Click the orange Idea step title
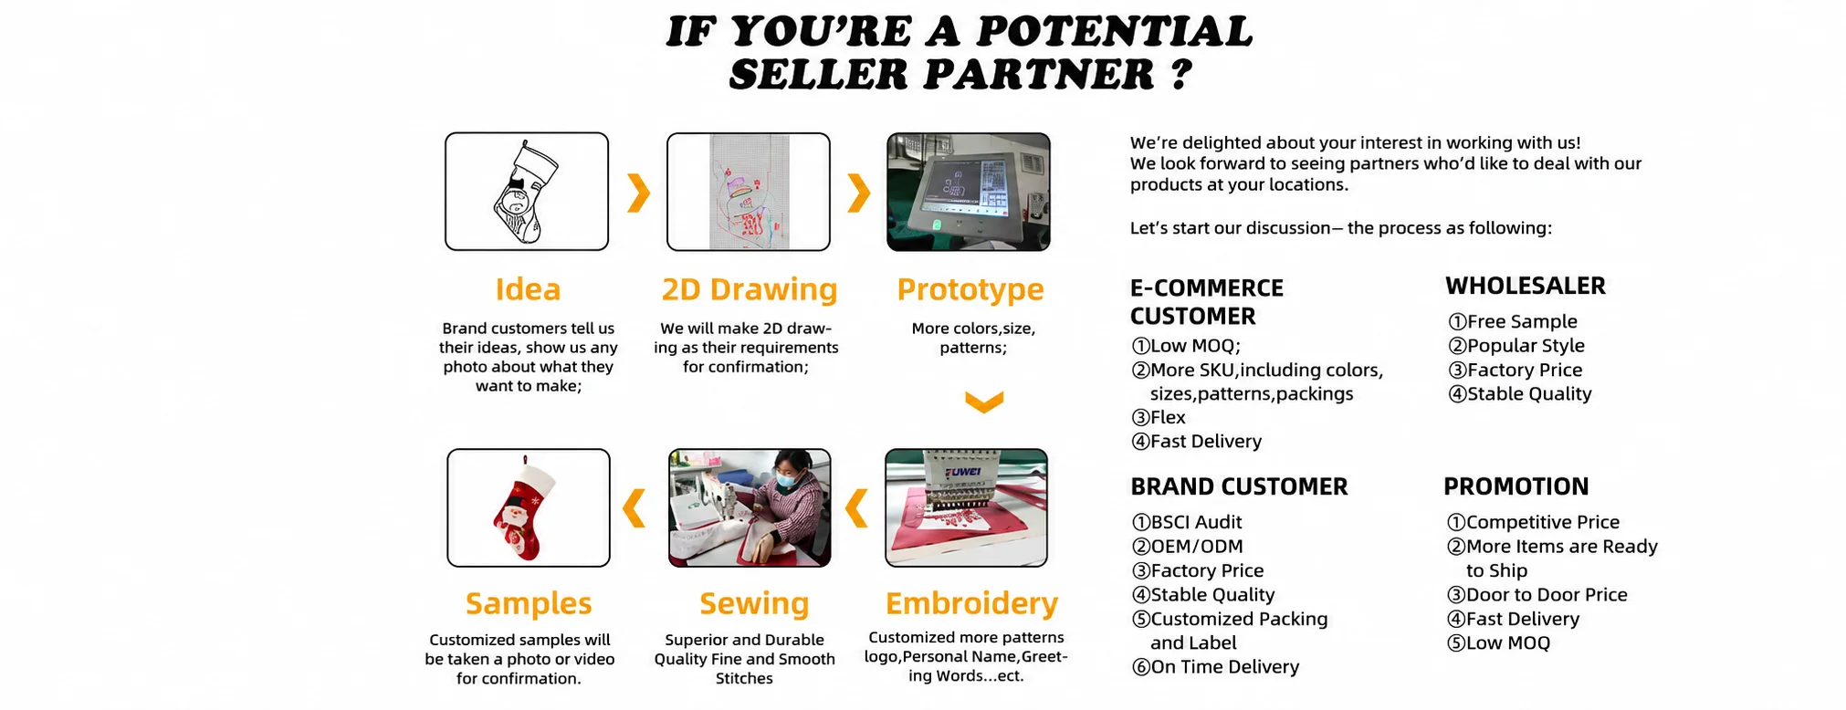(528, 289)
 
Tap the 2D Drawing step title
(750, 289)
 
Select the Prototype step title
(970, 290)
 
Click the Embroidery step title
(971, 604)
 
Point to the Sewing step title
(754, 604)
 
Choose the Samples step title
(529, 604)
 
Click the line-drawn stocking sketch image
(527, 192)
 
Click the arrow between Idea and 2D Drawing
(639, 192)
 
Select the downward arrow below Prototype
(984, 402)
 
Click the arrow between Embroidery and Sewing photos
(857, 508)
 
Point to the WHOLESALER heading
(1526, 286)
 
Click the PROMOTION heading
(1516, 486)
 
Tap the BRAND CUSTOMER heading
(1239, 486)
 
